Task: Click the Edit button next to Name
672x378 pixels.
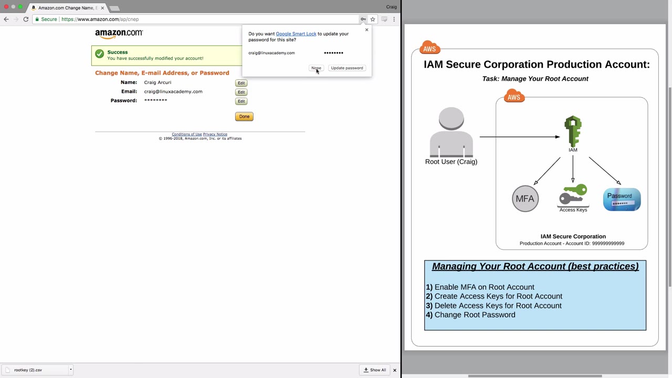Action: click(x=241, y=83)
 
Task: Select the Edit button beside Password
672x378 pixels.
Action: click(x=241, y=101)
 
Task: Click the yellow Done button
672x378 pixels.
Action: click(x=244, y=117)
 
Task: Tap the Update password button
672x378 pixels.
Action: click(x=347, y=68)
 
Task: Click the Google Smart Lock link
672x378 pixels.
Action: click(x=296, y=34)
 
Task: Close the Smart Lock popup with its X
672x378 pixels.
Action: click(x=366, y=30)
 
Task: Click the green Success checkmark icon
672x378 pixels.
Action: click(x=100, y=54)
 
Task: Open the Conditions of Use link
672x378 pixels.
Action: click(x=186, y=134)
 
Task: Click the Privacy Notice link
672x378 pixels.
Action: click(x=215, y=134)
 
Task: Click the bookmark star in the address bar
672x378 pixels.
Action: click(x=373, y=19)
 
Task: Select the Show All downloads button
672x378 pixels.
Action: click(x=375, y=370)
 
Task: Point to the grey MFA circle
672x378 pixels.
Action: click(x=525, y=198)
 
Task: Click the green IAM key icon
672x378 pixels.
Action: click(x=573, y=131)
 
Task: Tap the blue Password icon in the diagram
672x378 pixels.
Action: click(x=622, y=199)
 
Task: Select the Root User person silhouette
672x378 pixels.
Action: click(x=451, y=132)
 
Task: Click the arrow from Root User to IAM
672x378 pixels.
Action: click(x=520, y=137)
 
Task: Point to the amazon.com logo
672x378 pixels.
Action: click(x=119, y=34)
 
